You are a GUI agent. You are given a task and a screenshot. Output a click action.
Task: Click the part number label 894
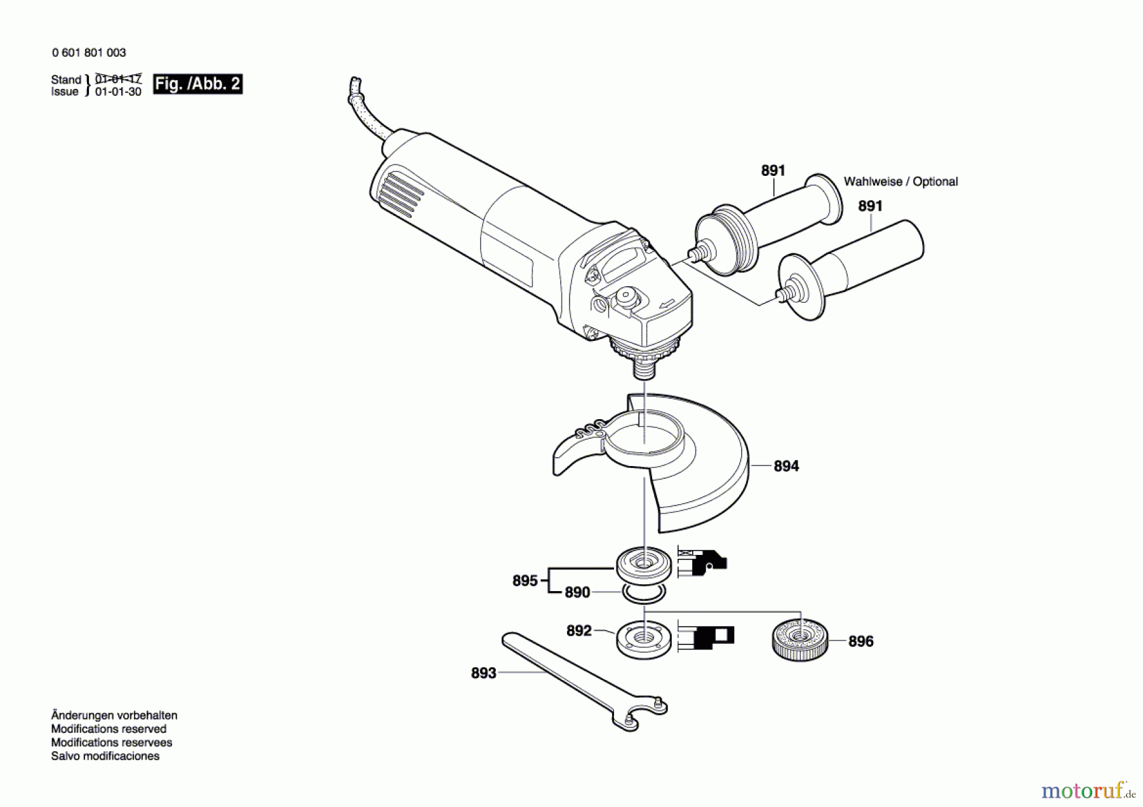click(x=785, y=466)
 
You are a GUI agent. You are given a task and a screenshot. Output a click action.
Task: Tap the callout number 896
click(x=860, y=641)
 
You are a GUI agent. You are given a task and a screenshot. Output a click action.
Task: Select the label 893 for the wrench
click(x=483, y=673)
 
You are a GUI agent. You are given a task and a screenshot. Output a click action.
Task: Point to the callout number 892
click(x=578, y=630)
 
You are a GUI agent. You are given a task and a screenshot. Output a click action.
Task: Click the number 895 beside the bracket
click(x=525, y=580)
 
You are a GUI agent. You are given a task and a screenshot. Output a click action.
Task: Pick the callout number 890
click(x=577, y=592)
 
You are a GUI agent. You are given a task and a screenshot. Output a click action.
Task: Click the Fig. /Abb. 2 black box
click(x=197, y=84)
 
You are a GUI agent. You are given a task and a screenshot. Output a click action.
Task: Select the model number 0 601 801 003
click(x=89, y=53)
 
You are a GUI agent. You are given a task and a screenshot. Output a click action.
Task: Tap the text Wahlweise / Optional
click(x=900, y=182)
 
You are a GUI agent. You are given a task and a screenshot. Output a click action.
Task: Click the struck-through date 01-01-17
click(x=118, y=79)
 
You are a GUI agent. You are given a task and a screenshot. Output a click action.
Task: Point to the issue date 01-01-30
click(x=118, y=91)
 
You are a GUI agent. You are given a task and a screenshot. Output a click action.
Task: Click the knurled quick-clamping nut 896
click(x=800, y=639)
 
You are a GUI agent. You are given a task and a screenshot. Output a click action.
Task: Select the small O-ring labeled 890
click(x=644, y=594)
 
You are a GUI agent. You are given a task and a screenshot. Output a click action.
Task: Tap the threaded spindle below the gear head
click(x=644, y=367)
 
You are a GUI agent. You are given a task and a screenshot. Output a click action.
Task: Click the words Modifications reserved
click(x=109, y=729)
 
